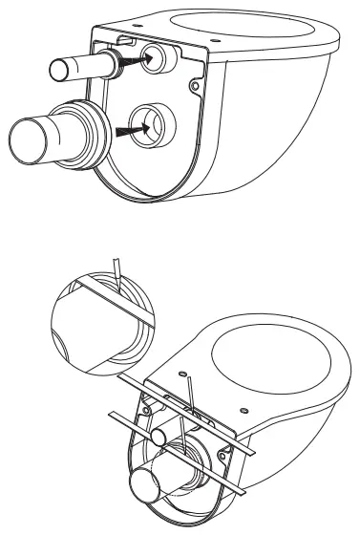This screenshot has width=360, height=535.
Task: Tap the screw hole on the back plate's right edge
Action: point(194,88)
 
